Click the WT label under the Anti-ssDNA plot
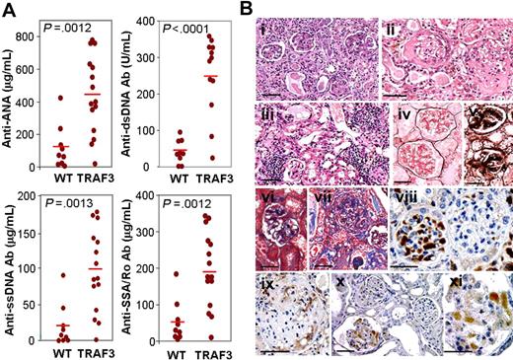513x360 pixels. click(62, 351)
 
